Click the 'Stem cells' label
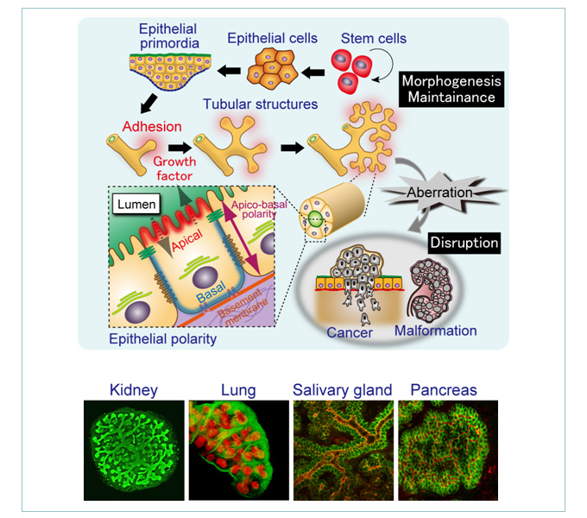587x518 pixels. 373,39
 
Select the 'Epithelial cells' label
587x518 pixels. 272,38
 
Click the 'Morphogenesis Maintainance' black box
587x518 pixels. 451,88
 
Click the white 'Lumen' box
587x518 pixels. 138,204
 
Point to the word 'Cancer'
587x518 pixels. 350,332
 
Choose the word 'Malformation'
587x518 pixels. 434,331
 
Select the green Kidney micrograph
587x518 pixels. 133,451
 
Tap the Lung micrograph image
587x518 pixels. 237,451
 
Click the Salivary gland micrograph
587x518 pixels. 342,451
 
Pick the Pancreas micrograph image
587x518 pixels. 446,451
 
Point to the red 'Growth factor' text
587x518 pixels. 174,167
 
